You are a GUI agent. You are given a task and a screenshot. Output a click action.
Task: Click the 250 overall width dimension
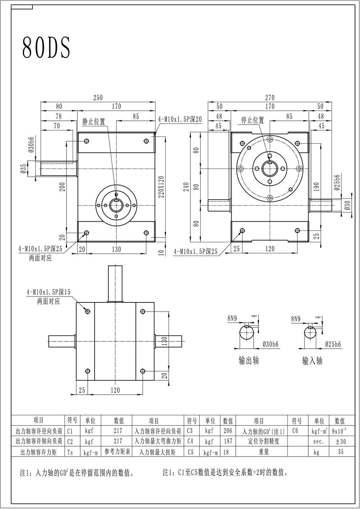[98, 98]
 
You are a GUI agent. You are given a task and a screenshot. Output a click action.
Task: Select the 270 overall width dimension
[270, 98]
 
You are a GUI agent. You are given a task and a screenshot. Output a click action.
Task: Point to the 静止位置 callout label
[94, 122]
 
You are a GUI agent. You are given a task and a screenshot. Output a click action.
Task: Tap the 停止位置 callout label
[252, 120]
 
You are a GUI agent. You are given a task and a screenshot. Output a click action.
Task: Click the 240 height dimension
[186, 187]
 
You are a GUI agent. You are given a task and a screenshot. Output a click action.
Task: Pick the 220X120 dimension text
[161, 187]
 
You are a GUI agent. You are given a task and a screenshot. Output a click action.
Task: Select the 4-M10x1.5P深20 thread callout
[180, 119]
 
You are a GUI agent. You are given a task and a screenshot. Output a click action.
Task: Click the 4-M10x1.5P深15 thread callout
[49, 292]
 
